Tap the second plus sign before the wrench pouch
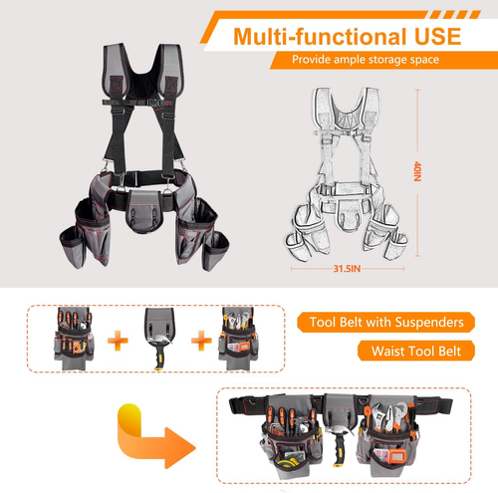point(198,342)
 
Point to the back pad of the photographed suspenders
point(147,75)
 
